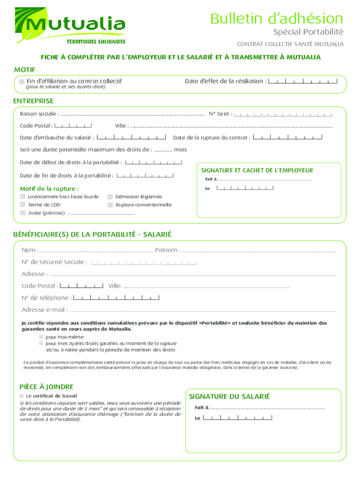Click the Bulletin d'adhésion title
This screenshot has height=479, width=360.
276,19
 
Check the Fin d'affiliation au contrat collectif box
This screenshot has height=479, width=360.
22,81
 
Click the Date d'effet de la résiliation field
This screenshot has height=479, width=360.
303,81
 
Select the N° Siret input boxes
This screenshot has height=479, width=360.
283,114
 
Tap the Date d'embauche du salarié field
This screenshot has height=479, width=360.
131,138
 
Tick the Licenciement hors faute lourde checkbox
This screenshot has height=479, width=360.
22,197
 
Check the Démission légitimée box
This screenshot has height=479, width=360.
110,197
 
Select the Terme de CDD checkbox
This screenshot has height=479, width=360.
22,205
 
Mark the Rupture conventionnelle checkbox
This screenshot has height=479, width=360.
110,205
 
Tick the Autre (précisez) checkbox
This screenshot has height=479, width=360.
22,213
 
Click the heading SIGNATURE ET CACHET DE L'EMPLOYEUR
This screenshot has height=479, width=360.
257,170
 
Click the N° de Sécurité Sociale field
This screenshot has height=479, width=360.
144,262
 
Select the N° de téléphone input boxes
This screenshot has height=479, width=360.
116,298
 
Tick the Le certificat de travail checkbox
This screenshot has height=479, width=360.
22,396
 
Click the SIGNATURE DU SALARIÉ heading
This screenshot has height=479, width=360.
229,397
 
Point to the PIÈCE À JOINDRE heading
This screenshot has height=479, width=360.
46,387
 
